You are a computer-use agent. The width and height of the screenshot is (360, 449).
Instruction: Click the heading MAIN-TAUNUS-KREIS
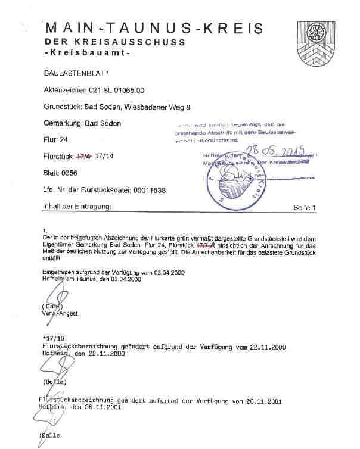[154, 27]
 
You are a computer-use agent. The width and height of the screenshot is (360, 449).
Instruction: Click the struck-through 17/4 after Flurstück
[82, 157]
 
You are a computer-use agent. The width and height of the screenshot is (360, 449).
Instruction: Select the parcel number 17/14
[105, 157]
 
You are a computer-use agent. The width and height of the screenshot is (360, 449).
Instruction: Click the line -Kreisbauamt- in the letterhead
[88, 54]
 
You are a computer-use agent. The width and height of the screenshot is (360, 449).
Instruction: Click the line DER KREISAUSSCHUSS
[114, 43]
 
